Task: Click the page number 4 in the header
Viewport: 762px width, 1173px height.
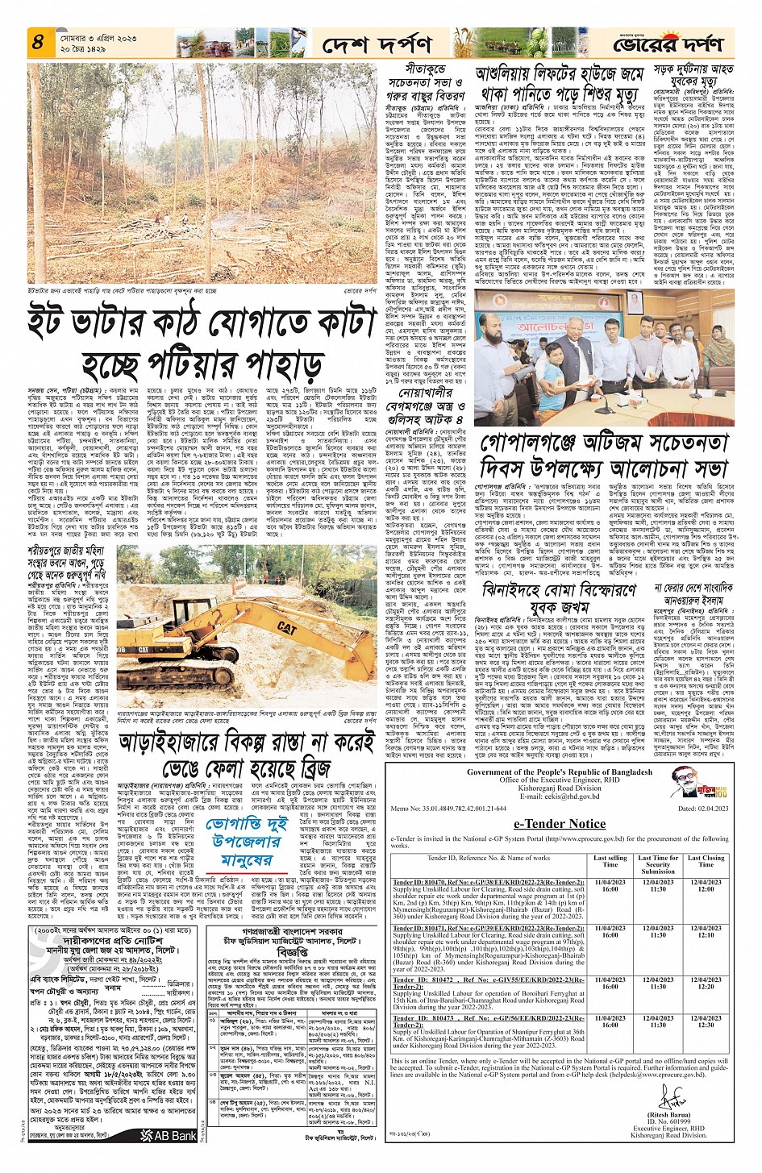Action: pos(38,40)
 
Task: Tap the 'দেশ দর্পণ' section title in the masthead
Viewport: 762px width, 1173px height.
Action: pos(377,44)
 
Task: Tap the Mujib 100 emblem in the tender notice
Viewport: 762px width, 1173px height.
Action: pos(689,783)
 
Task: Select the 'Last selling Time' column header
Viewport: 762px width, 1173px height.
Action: pos(610,862)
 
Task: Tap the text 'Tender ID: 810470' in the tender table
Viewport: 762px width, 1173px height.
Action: pos(421,883)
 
